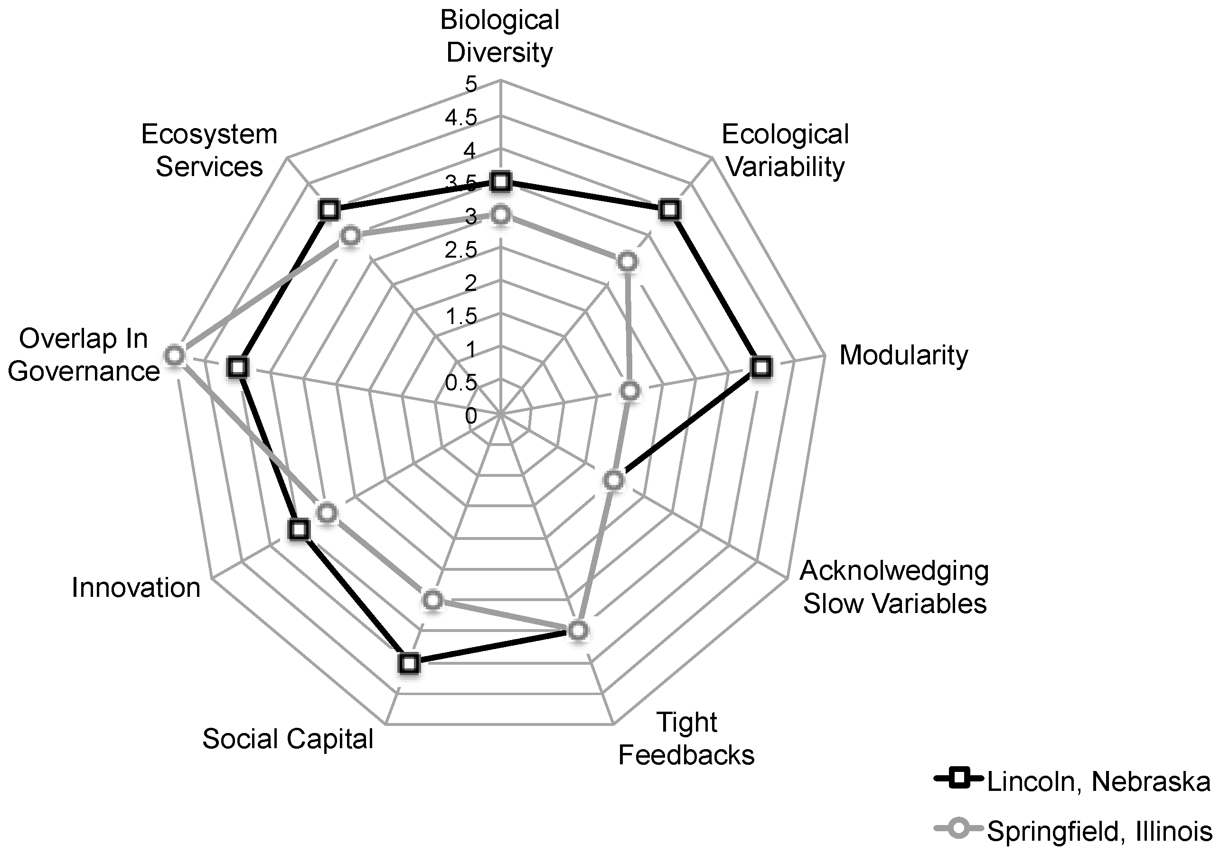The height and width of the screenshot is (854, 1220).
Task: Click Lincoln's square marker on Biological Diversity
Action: coord(500,182)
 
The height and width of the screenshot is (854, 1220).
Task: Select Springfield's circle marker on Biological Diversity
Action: coord(500,215)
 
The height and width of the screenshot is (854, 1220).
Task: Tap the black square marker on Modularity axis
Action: coord(761,368)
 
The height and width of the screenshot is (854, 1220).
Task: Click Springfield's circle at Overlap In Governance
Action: coord(174,355)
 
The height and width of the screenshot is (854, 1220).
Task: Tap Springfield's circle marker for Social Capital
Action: coord(432,600)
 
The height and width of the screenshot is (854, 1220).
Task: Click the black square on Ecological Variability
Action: coord(669,210)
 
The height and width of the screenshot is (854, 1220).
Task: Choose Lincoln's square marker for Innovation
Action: coord(299,529)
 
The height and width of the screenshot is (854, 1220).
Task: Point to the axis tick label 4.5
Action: coord(461,118)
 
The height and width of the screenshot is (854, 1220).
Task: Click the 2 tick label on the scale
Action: coord(471,283)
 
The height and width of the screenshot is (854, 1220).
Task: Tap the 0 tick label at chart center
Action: coord(471,416)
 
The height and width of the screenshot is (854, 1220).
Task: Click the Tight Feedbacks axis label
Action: coord(686,738)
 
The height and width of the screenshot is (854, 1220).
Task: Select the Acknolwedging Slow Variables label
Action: coord(895,587)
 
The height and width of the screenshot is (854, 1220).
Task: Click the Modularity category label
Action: coord(903,355)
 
